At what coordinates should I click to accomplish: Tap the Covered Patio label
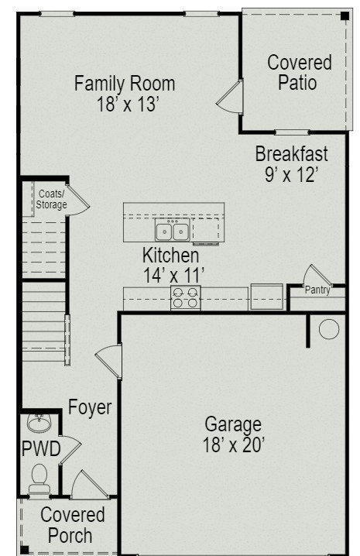(300, 72)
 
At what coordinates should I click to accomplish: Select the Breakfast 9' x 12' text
(292, 164)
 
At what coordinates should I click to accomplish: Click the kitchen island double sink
(173, 230)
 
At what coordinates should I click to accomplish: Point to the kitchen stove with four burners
(186, 297)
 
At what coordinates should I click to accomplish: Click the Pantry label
(317, 290)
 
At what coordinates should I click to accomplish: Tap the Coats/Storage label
(51, 199)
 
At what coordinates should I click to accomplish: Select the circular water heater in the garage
(329, 329)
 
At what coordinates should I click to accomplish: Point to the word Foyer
(90, 407)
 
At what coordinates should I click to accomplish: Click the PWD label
(41, 449)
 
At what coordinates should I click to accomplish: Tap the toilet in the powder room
(39, 479)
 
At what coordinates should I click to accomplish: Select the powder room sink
(39, 423)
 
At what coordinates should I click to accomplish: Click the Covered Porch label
(72, 525)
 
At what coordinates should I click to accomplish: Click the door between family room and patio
(230, 97)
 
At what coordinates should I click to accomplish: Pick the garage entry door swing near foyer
(109, 362)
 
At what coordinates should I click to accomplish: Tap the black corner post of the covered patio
(345, 16)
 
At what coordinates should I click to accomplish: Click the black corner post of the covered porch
(24, 550)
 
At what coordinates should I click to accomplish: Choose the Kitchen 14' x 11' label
(173, 265)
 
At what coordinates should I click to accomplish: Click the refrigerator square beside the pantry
(267, 297)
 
